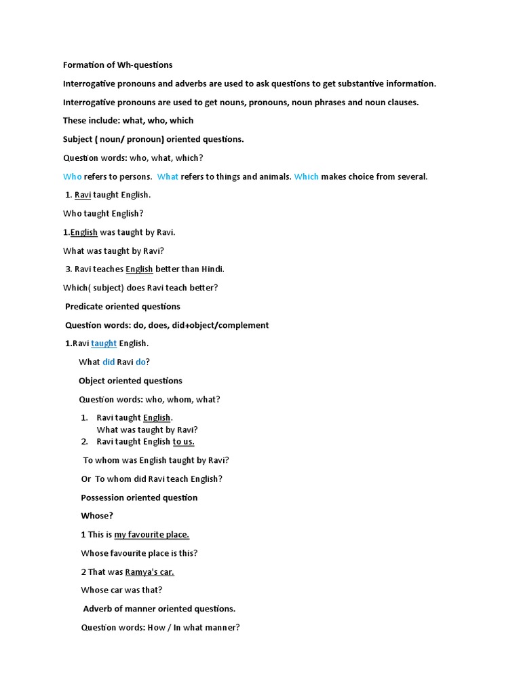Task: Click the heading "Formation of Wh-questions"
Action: pyautogui.click(x=117, y=65)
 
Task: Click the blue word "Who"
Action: pyautogui.click(x=72, y=176)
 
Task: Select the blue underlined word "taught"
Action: pyautogui.click(x=104, y=343)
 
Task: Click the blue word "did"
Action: pyautogui.click(x=109, y=362)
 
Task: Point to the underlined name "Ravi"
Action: pyautogui.click(x=83, y=195)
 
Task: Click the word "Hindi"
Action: pyautogui.click(x=210, y=269)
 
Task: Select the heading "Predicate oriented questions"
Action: pyautogui.click(x=122, y=306)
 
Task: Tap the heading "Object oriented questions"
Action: pyautogui.click(x=130, y=381)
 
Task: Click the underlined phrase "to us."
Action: pyautogui.click(x=183, y=442)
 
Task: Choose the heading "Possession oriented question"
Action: pyautogui.click(x=139, y=497)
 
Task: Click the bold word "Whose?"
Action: pyautogui.click(x=97, y=516)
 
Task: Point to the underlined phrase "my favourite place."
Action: pyautogui.click(x=151, y=535)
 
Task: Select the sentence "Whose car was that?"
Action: pyautogui.click(x=121, y=590)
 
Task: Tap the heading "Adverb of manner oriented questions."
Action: pyautogui.click(x=159, y=609)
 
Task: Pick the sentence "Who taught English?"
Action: pyautogui.click(x=103, y=213)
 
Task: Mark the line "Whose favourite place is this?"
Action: pyautogui.click(x=139, y=553)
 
